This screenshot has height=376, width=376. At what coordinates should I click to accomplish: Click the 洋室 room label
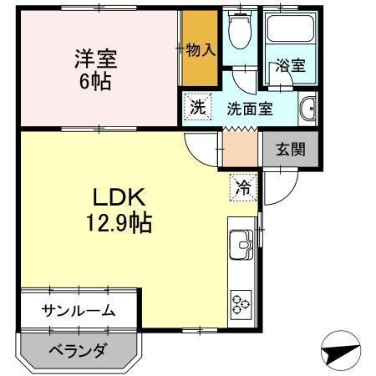pos(94,59)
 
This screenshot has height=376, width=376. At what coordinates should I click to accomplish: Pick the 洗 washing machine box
pos(197,107)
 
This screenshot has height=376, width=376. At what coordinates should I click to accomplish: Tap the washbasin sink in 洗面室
pos(307,109)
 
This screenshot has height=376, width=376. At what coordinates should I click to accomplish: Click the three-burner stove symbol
pos(242,303)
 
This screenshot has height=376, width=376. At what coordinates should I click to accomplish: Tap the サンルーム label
pos(79,311)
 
